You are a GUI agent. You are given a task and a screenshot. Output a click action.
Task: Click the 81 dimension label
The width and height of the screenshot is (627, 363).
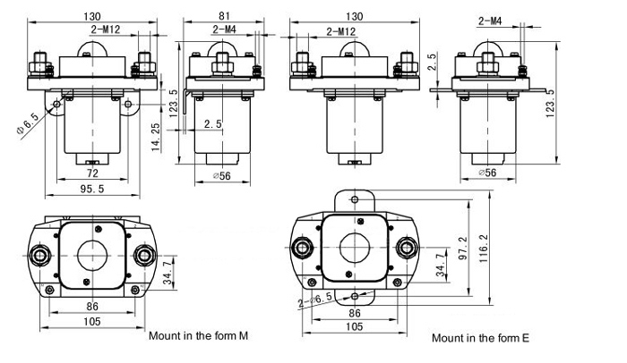coord(225,15)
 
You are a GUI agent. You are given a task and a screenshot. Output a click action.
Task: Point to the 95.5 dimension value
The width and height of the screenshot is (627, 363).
coord(90,190)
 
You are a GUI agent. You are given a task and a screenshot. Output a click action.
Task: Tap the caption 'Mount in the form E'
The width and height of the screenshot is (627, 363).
coord(480,338)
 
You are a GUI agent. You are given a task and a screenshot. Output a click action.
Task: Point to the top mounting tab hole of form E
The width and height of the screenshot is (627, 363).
coord(356,199)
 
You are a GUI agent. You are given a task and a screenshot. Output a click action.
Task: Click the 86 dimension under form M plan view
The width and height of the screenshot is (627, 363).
coord(90,306)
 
